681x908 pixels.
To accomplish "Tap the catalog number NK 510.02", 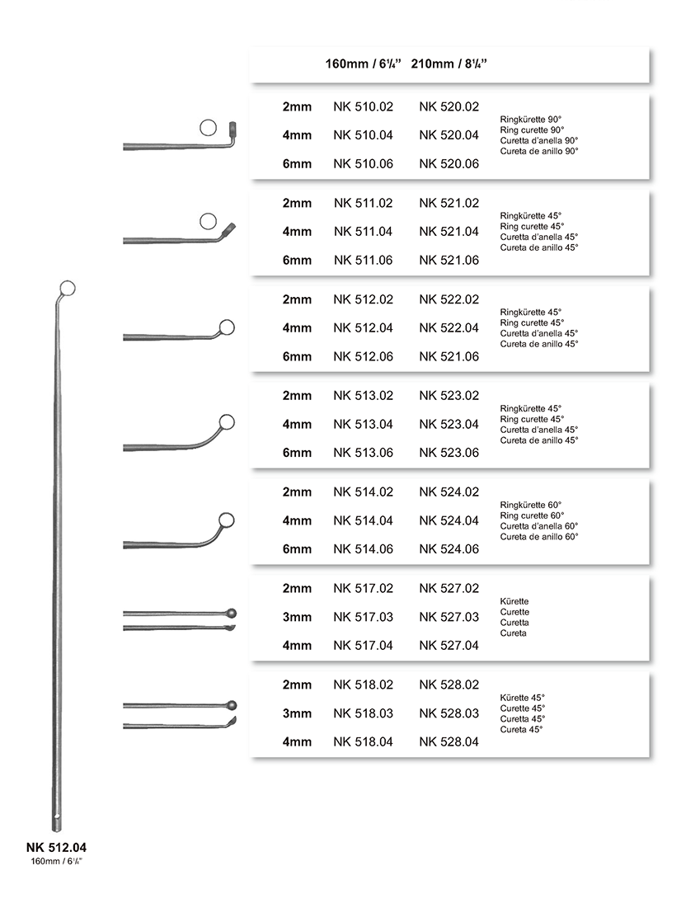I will (x=364, y=107).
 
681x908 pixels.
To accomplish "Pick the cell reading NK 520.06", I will (x=449, y=164).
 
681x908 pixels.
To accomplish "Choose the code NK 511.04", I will (x=364, y=232).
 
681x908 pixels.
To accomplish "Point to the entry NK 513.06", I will (x=364, y=453).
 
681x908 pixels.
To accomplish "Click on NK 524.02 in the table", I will (x=449, y=492).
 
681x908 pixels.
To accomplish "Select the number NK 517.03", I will (x=364, y=617).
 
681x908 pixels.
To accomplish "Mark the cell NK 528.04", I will (x=449, y=742).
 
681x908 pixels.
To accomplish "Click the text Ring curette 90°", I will (x=532, y=130).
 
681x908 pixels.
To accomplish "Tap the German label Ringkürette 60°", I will (x=531, y=505).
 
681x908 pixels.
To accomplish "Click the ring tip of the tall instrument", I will (x=68, y=288).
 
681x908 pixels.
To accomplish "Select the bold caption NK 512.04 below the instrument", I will (x=56, y=847).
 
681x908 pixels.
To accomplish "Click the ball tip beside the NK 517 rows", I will (x=232, y=613).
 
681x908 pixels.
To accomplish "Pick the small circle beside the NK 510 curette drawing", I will (x=209, y=127).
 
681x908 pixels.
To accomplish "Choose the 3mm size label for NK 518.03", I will (x=297, y=713).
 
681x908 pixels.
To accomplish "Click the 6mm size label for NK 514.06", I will (x=297, y=549).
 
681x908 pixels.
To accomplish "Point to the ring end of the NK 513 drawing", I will (x=227, y=423).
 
